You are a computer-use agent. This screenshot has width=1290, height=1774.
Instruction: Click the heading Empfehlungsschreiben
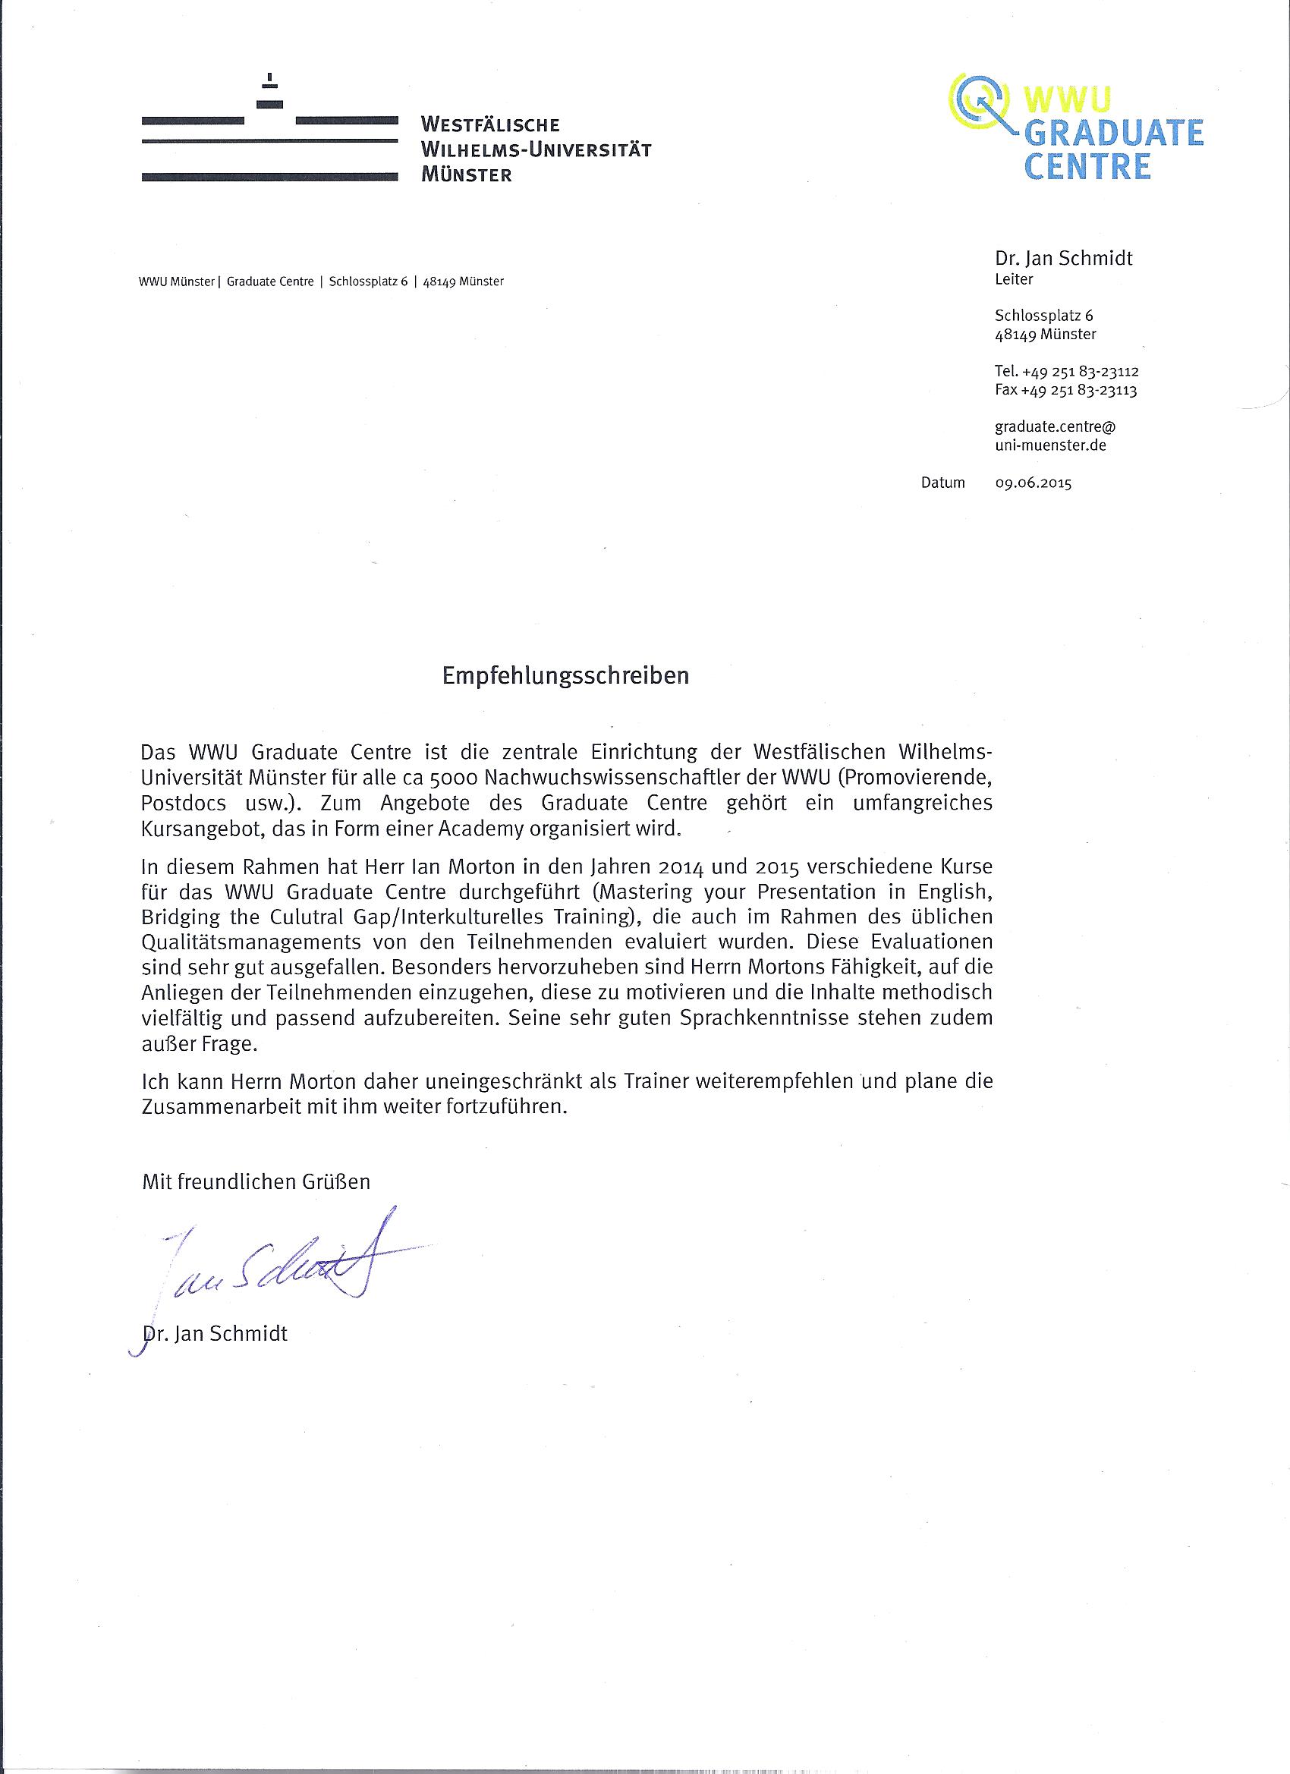tap(565, 676)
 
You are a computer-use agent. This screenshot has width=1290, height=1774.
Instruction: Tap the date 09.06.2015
tap(1033, 483)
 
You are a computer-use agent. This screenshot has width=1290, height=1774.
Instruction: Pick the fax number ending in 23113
tap(1065, 389)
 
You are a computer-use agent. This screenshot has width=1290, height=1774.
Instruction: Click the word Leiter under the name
tap(1014, 279)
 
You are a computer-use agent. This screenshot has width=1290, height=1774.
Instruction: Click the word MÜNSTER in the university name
tap(466, 175)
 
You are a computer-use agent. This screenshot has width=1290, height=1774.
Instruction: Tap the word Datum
tap(942, 483)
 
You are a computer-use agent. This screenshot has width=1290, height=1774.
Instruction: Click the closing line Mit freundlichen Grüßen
tap(256, 1181)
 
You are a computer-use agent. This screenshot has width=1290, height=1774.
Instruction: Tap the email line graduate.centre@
tap(1055, 427)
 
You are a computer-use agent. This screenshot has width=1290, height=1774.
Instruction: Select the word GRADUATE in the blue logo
tap(1113, 134)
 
